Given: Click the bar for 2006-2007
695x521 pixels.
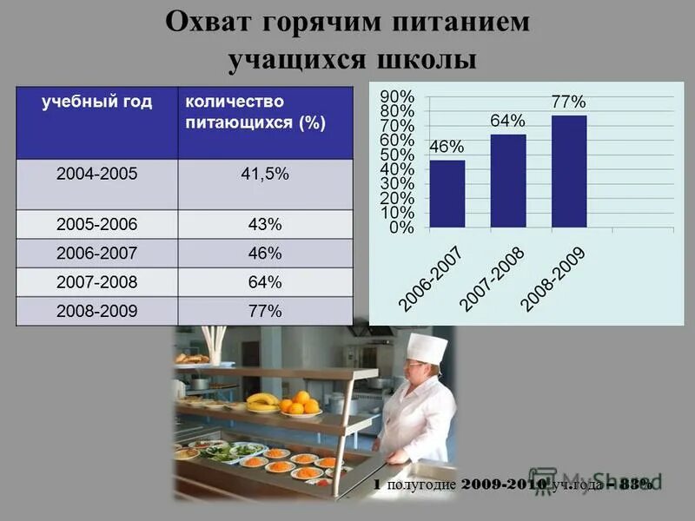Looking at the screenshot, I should [x=447, y=194].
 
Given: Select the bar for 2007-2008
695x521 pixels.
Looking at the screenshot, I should [x=508, y=181].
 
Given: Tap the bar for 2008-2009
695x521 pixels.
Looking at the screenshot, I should [x=569, y=171].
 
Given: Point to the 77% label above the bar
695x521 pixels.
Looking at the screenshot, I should [x=568, y=102].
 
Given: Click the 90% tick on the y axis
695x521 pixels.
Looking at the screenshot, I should [x=397, y=96].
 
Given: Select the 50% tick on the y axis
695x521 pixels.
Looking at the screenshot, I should [x=397, y=155].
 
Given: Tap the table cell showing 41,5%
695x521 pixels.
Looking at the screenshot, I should [x=264, y=174].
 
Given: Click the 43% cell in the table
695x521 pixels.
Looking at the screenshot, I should [x=264, y=224].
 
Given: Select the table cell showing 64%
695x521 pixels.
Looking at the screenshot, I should [x=264, y=281].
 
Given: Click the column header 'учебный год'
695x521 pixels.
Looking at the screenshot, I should [x=97, y=102].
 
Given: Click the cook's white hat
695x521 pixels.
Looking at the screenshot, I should [x=427, y=348].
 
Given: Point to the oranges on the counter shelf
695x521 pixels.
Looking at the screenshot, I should [x=299, y=403].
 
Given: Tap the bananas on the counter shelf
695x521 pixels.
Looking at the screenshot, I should [x=262, y=401].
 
